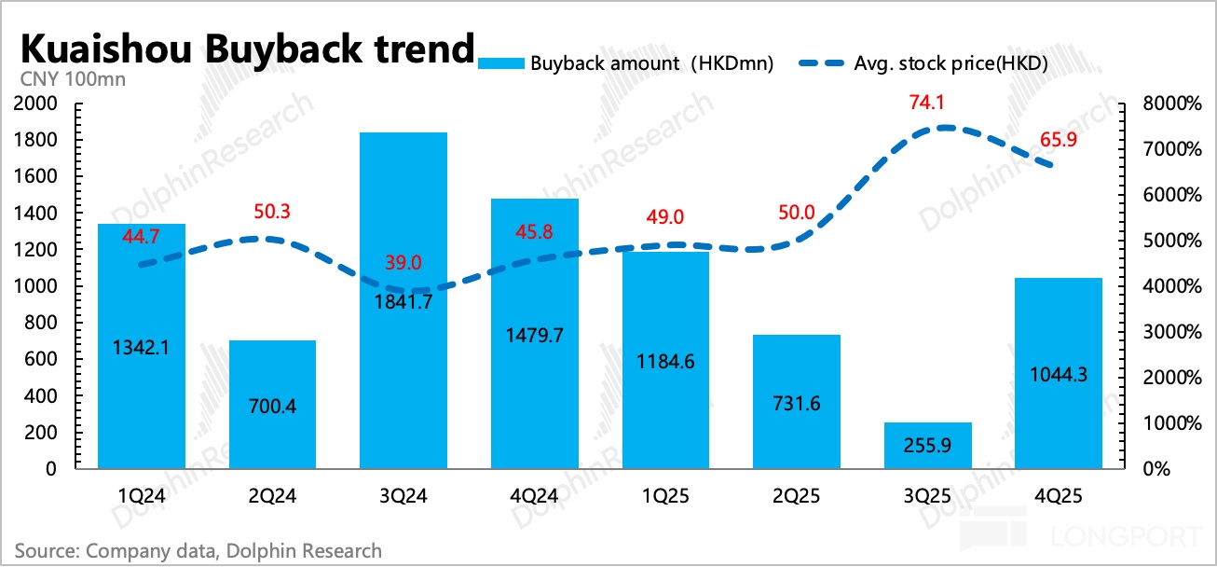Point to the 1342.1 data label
tap(141, 347)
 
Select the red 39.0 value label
tap(403, 264)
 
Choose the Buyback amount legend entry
tap(625, 64)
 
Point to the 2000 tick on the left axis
tap(34, 104)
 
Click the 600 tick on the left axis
tap(41, 359)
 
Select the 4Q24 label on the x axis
tap(534, 496)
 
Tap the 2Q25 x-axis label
tap(797, 496)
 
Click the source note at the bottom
tap(198, 550)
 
